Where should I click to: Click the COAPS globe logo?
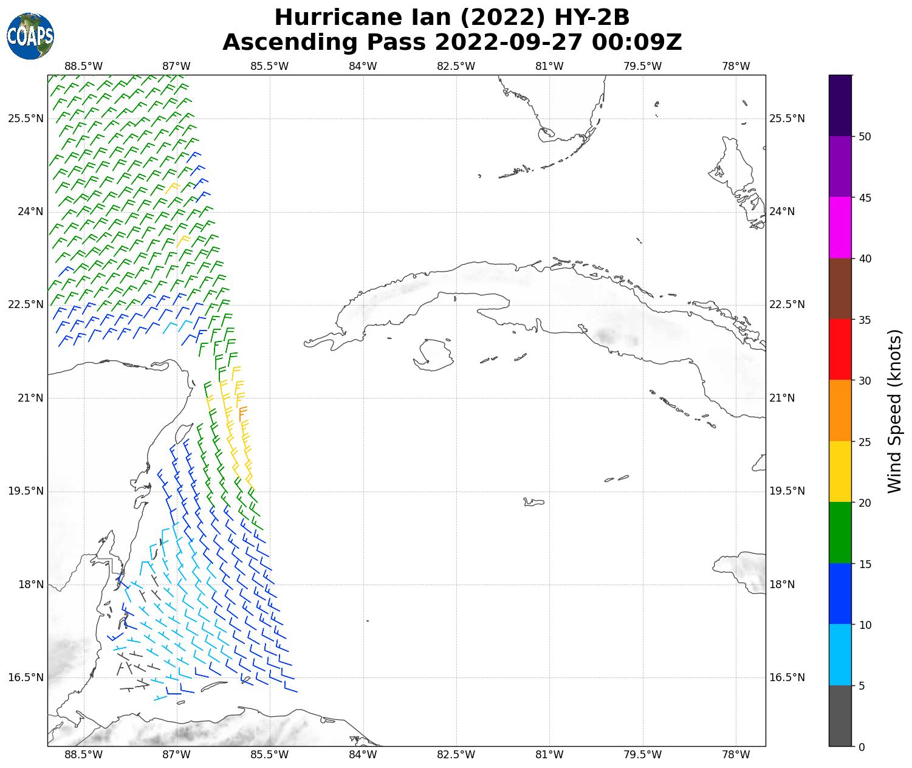(x=30, y=36)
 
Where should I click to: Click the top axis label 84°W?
(x=363, y=66)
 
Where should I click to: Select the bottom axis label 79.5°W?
(x=642, y=755)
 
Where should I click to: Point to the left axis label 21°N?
(x=26, y=398)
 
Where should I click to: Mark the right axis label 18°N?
(x=782, y=585)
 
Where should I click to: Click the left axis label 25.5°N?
(x=26, y=118)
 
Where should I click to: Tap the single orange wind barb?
(x=242, y=413)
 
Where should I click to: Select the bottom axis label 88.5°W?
(x=83, y=755)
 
